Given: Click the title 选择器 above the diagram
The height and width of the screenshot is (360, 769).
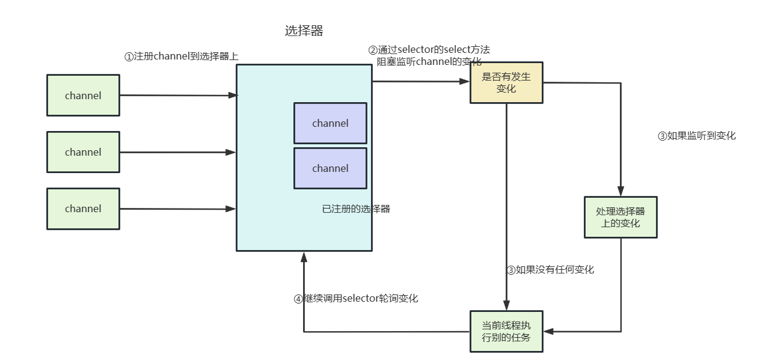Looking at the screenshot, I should coord(304,31).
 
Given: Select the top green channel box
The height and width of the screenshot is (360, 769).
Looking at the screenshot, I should coord(83,95).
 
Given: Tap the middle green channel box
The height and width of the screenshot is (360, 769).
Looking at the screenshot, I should coord(83,152).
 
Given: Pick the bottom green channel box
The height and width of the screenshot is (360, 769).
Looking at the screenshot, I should coord(83,209).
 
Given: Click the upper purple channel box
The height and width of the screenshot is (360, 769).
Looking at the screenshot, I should coord(330,123).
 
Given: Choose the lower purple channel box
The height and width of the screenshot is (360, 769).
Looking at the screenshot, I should coord(330,168).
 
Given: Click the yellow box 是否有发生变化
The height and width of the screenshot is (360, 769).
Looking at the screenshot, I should coord(506,83).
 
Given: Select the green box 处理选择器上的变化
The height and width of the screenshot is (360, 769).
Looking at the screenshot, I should coord(620,217).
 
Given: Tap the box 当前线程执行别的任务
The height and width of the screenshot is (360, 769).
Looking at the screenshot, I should coord(506,331).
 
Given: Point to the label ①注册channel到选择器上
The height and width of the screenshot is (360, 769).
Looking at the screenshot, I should coord(181,56).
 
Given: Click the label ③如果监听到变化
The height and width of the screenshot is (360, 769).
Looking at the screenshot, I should coord(696,136).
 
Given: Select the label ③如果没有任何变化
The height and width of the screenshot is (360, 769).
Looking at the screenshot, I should coord(550,270).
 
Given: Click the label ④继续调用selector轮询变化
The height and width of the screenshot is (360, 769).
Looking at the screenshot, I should coord(355,299).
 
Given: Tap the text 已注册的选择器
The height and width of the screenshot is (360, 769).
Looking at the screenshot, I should coord(356,209).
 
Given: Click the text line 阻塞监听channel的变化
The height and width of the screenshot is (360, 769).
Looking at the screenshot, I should coord(429,61).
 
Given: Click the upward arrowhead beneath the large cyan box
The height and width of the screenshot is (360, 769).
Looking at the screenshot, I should coord(304,257).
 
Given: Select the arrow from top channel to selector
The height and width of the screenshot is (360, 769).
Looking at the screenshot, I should coord(177,95).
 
